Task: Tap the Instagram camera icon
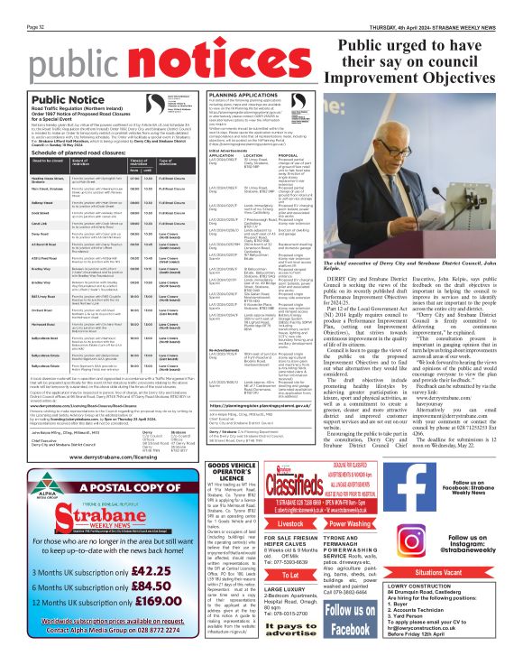(427, 550)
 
